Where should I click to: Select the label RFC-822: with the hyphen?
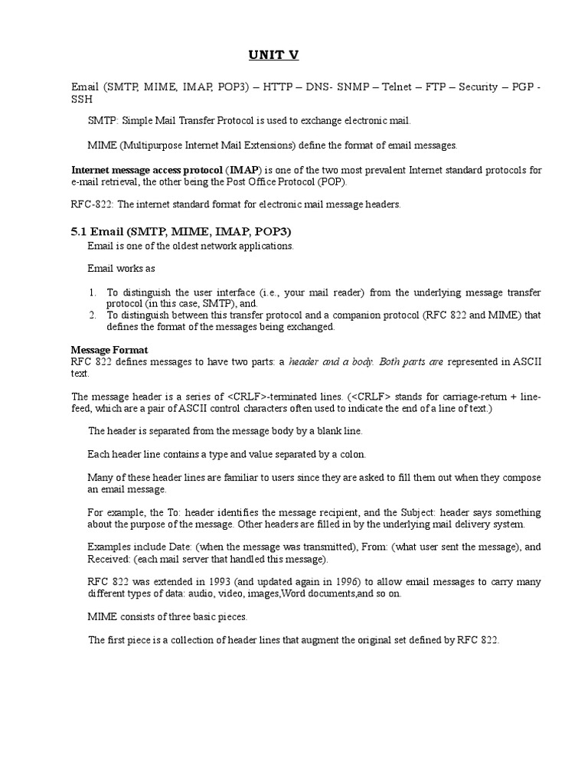(92, 204)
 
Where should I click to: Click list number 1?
(91, 292)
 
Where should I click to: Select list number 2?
(91, 315)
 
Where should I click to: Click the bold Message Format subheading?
(109, 350)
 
